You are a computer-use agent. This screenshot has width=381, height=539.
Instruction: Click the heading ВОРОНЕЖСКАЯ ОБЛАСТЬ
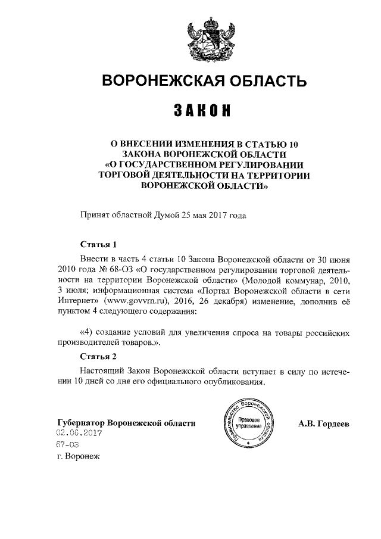tap(201, 80)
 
